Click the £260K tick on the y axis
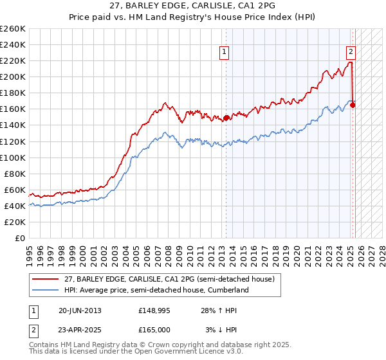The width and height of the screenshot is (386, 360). tap(13, 29)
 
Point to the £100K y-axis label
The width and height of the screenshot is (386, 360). tap(13, 157)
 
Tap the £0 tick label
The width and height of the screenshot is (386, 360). tap(21, 238)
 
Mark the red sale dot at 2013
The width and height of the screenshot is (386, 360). tap(226, 118)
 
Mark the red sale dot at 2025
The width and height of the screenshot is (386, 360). tap(353, 105)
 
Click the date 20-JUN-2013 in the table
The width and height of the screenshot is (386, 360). tap(80, 310)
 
